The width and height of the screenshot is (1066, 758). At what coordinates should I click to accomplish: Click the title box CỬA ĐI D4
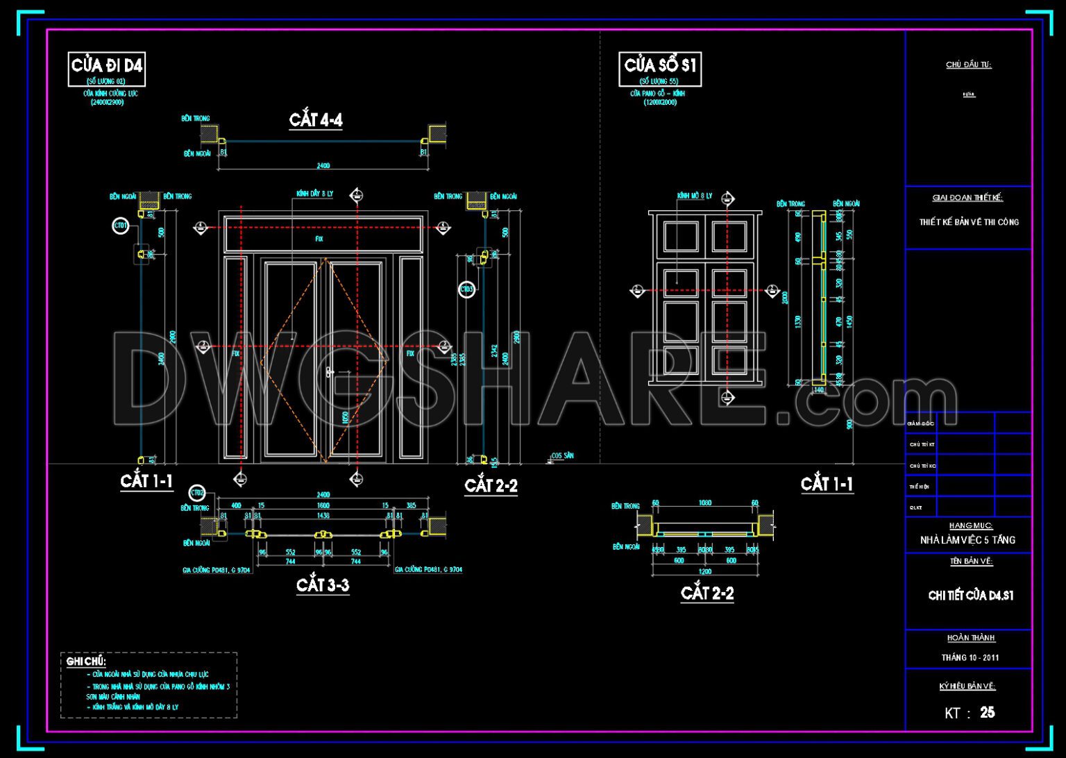click(106, 66)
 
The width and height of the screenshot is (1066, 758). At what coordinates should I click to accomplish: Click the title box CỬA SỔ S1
click(659, 66)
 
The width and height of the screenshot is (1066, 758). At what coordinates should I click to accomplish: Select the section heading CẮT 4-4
click(316, 120)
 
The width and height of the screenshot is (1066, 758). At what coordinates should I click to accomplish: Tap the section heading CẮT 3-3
click(323, 585)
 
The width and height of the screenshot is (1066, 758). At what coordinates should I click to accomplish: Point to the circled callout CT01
click(121, 226)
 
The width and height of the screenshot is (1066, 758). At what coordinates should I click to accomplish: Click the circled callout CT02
click(198, 493)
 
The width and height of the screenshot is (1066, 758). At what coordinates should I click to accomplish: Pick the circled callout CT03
click(467, 289)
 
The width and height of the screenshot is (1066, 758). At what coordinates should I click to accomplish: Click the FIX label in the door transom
click(319, 239)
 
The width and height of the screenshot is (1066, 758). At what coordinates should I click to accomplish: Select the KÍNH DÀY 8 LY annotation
click(314, 194)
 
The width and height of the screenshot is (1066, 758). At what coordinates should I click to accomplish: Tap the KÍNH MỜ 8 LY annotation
click(695, 196)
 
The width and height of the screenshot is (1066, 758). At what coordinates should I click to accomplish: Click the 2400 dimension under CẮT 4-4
click(323, 166)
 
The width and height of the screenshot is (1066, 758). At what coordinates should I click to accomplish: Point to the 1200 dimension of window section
click(705, 571)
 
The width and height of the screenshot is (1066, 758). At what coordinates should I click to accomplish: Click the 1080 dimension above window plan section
click(705, 503)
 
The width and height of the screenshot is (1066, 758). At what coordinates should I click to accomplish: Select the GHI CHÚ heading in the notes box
click(85, 661)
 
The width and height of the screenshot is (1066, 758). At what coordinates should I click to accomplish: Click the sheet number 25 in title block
click(987, 712)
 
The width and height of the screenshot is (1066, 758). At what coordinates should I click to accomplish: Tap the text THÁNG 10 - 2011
click(970, 657)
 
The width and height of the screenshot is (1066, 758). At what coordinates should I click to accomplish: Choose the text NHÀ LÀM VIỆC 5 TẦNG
click(967, 539)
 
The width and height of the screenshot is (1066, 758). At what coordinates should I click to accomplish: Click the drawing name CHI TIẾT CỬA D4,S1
click(970, 596)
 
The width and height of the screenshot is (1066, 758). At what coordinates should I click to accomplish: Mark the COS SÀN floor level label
click(563, 456)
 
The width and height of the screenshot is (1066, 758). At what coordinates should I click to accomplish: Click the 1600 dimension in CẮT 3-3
click(323, 506)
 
